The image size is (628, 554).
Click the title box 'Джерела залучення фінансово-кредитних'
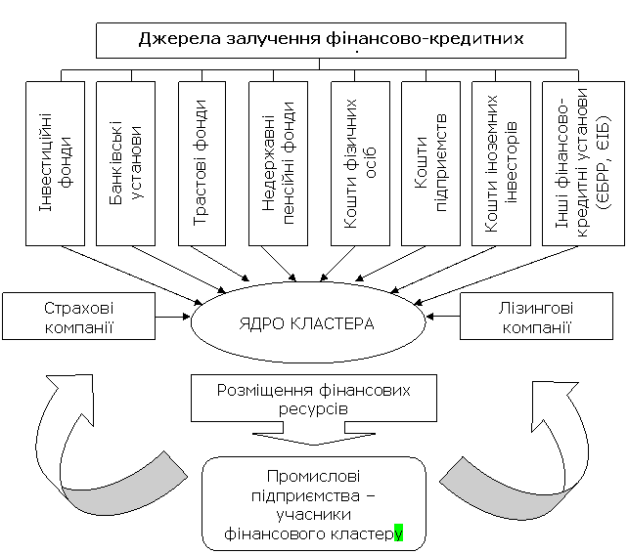tap(331, 40)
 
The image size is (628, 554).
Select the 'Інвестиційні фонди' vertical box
tap(56, 163)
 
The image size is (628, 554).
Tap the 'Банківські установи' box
tap(126, 163)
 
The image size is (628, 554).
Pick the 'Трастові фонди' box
tap(202, 163)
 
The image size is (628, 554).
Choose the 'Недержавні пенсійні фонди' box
tap(279, 163)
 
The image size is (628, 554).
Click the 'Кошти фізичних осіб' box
tap(360, 163)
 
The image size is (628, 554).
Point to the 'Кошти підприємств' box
tap(431, 163)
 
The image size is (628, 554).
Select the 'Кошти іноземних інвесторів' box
tap(502, 163)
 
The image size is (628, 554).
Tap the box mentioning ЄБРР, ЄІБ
tap(584, 163)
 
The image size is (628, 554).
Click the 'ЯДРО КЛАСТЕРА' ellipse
tap(307, 322)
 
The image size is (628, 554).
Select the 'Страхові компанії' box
tap(79, 316)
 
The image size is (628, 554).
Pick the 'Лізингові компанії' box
tap(536, 316)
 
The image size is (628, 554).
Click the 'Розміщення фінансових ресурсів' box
tap(314, 398)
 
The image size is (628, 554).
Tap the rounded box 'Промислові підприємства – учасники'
tap(314, 503)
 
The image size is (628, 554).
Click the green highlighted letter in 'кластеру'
tap(398, 533)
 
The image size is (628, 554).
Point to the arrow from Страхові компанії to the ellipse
tap(173, 317)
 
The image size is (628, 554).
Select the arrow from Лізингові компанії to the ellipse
tap(442, 317)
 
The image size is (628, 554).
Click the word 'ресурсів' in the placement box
tap(313, 409)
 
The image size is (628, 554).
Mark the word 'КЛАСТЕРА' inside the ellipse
tap(332, 323)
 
